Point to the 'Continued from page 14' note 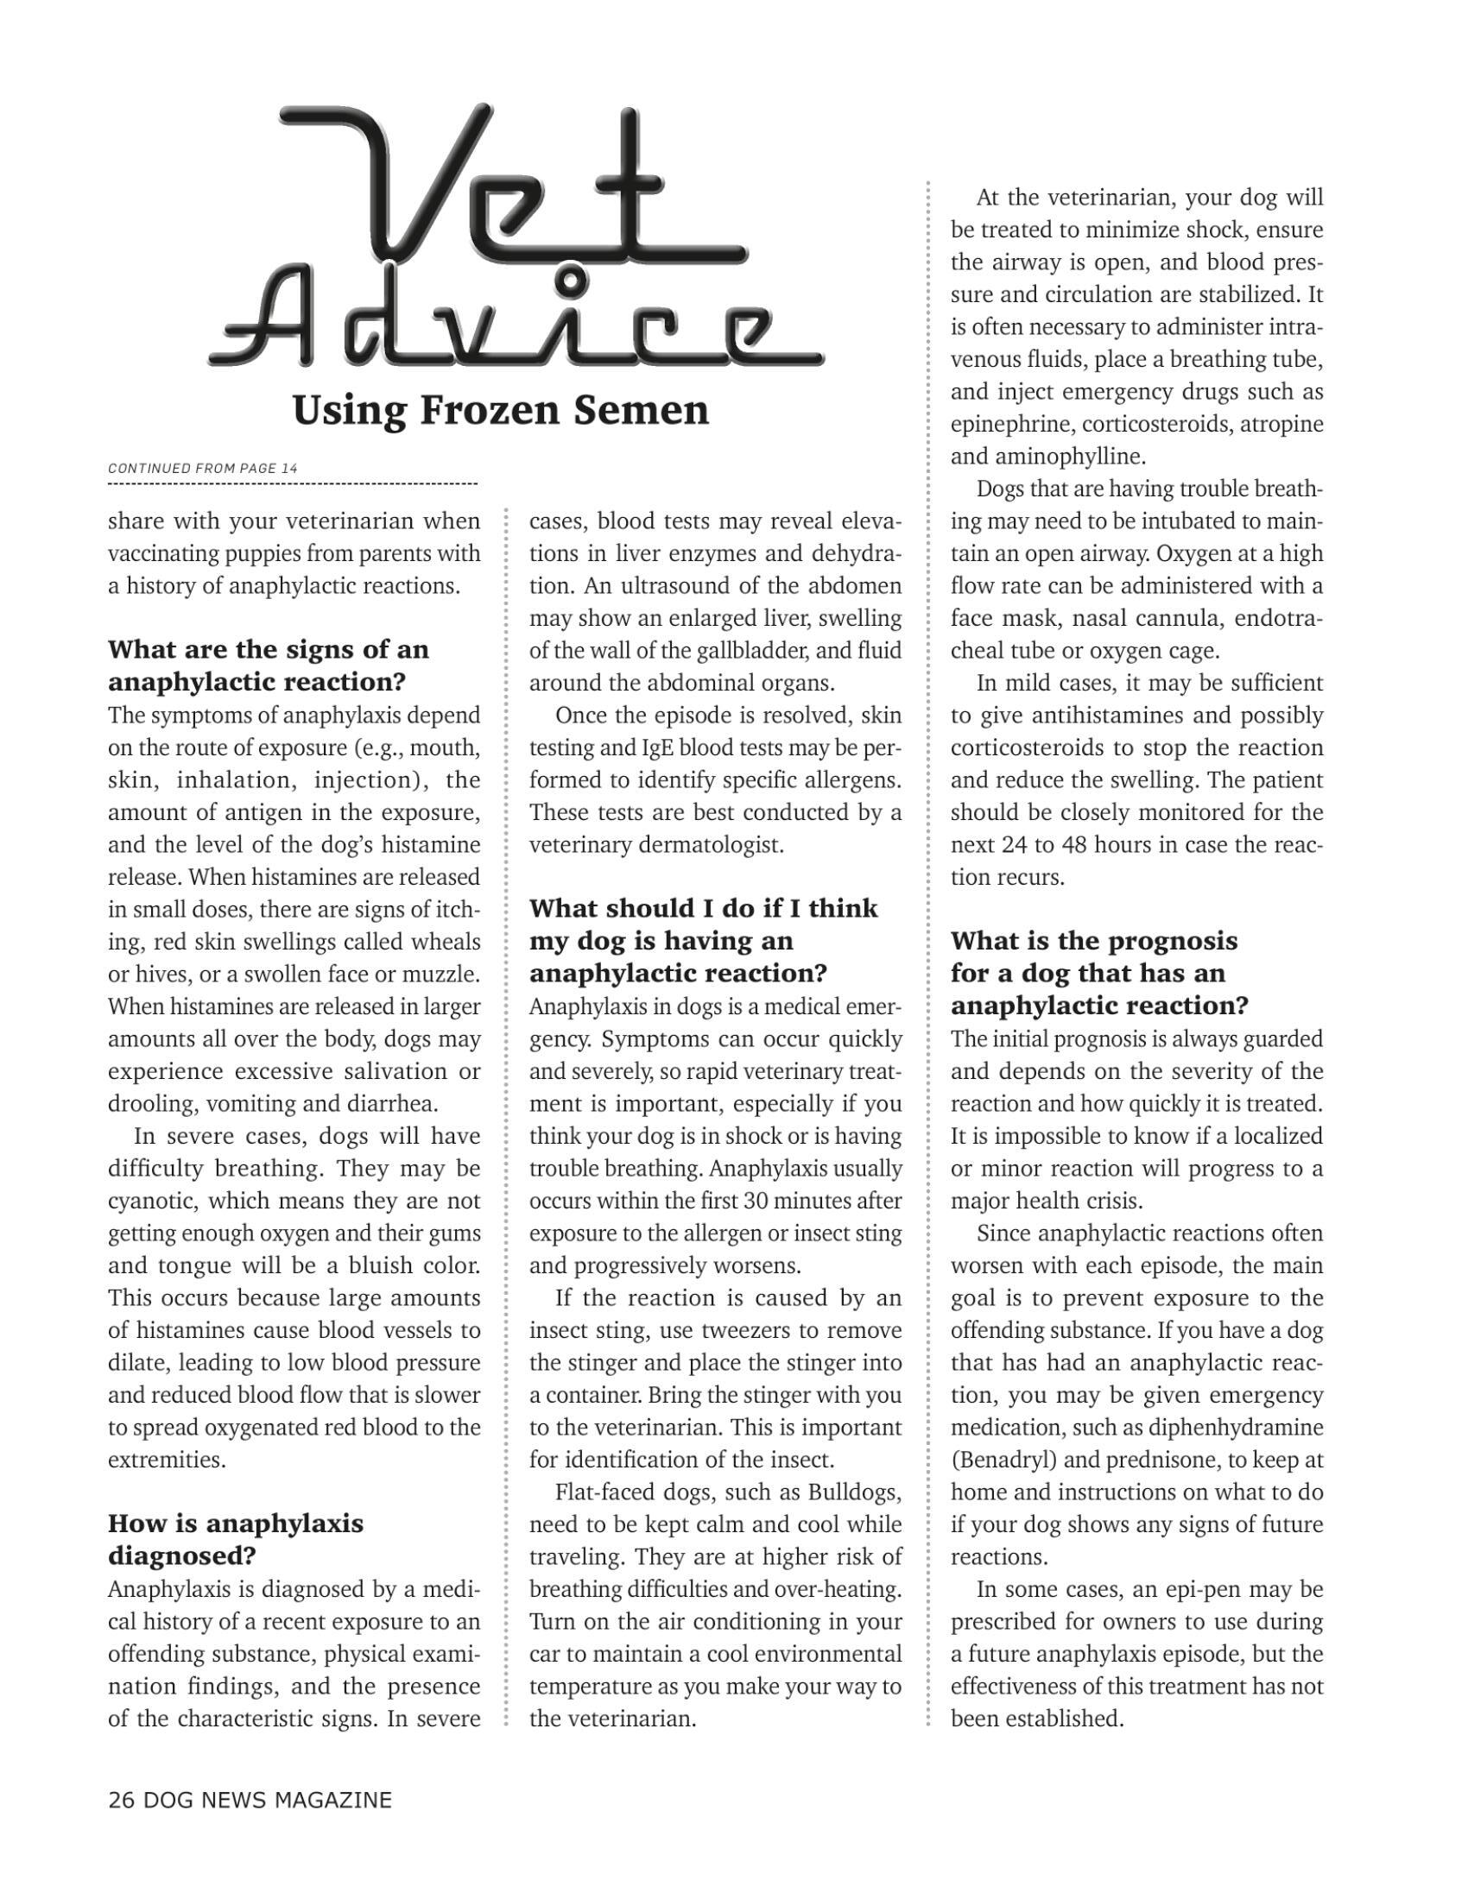coord(203,468)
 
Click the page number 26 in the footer coord(122,1800)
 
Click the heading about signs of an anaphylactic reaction coord(269,666)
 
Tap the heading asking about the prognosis coord(1099,973)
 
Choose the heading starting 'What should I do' coord(704,941)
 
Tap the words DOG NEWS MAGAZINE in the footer coord(268,1800)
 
